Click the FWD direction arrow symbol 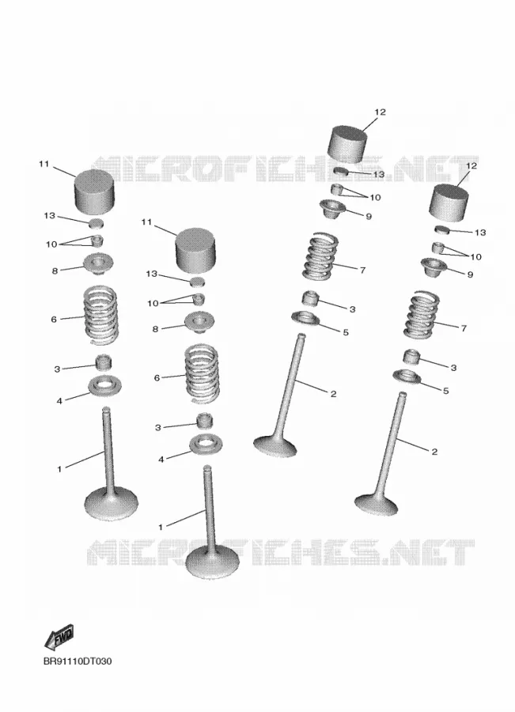pos(59,637)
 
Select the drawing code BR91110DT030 pos(78,661)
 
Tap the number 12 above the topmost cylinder pos(380,112)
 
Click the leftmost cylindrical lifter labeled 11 pos(94,191)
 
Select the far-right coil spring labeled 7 pos(422,316)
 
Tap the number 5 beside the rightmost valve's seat pos(445,391)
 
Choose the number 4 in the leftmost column pos(59,401)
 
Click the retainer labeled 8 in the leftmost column pos(98,263)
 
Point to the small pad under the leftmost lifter pos(96,223)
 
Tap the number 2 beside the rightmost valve pos(434,452)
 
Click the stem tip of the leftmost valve pos(106,409)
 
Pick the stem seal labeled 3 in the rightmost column pos(412,357)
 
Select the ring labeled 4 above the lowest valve pos(205,443)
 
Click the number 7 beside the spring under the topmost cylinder pos(362,271)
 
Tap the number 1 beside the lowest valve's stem pos(161,527)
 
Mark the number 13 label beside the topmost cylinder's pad pos(378,174)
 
